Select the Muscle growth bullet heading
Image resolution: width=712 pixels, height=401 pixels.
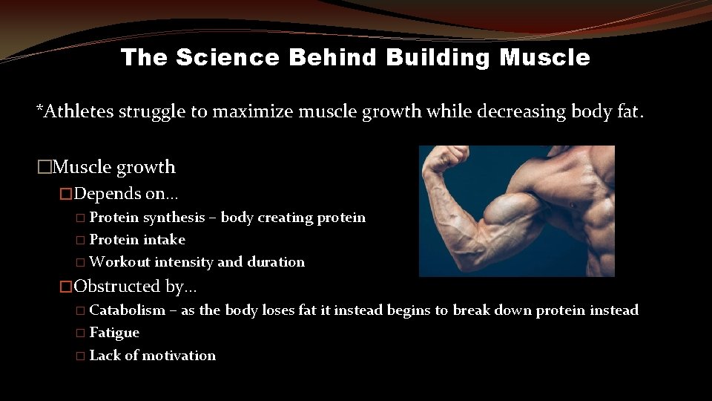pyautogui.click(x=114, y=167)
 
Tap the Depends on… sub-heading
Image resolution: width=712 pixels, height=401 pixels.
pyautogui.click(x=127, y=194)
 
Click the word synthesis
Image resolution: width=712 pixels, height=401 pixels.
pyautogui.click(x=174, y=218)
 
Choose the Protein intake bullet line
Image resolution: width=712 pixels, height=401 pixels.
pyautogui.click(x=137, y=240)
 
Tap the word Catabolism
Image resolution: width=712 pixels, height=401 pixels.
pyautogui.click(x=128, y=310)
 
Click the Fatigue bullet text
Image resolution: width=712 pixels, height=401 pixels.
pyautogui.click(x=114, y=333)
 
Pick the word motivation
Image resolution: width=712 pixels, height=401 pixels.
pyautogui.click(x=179, y=356)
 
